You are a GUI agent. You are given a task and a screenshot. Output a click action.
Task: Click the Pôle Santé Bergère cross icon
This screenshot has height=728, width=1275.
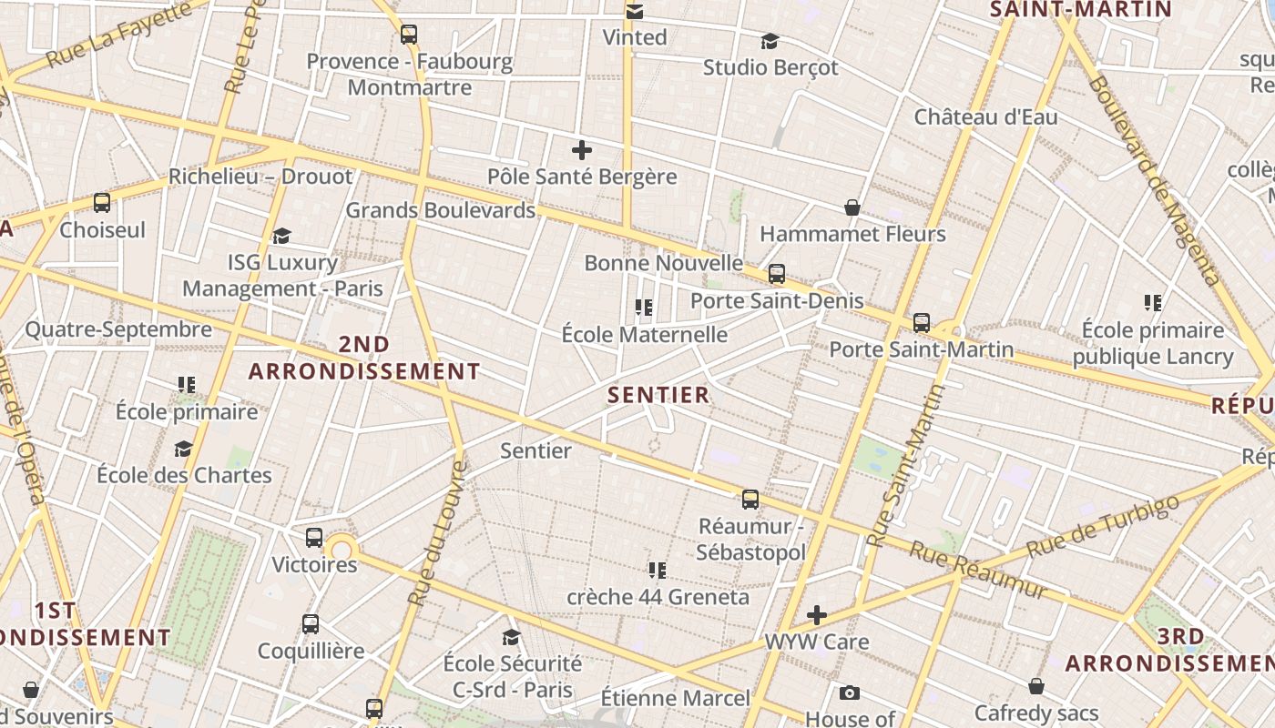[582, 150]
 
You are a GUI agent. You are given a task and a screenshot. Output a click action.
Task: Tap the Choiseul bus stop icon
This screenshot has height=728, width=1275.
[102, 203]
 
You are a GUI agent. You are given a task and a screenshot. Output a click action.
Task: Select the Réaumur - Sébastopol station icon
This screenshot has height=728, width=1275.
[750, 499]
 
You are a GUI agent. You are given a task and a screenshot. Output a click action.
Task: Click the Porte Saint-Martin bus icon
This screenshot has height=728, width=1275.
[922, 322]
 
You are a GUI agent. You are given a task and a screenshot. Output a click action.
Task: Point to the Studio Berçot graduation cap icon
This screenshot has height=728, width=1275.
[770, 41]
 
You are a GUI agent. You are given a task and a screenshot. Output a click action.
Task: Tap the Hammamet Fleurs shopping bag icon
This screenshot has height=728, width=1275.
[852, 207]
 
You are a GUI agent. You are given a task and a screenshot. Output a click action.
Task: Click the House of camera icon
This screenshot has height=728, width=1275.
[850, 693]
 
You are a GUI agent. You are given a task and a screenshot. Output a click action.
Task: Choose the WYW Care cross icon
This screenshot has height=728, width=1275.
[817, 615]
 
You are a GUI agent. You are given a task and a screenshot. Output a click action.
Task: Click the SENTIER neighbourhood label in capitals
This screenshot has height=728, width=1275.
[658, 395]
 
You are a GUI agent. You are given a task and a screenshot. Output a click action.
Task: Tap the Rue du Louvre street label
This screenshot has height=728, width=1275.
[438, 534]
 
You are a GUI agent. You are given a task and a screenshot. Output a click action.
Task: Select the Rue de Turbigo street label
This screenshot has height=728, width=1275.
[1103, 526]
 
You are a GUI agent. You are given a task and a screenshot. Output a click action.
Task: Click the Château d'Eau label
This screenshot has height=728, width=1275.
[986, 117]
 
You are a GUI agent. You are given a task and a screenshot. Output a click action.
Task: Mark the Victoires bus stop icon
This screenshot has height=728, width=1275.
[314, 538]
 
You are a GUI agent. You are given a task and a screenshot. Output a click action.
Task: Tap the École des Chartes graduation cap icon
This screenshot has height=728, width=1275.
[184, 449]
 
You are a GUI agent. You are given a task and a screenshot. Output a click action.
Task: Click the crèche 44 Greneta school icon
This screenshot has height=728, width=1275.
[658, 571]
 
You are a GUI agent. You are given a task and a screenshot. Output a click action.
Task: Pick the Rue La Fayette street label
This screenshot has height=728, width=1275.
[118, 35]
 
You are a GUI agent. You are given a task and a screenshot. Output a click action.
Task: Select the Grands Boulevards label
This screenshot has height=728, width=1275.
[441, 210]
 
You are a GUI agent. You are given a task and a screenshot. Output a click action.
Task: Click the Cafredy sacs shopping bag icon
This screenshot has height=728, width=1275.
[1036, 686]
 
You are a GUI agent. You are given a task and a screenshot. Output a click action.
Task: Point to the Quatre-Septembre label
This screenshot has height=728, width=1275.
[118, 329]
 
